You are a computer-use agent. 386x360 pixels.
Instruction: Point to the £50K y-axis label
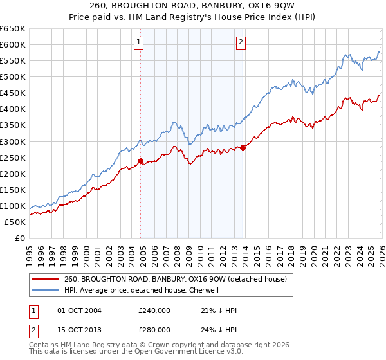click(15, 222)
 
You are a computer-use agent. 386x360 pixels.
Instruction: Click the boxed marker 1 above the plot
click(138, 43)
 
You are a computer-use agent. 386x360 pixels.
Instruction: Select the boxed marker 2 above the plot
click(241, 43)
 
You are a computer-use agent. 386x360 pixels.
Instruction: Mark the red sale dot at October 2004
click(140, 161)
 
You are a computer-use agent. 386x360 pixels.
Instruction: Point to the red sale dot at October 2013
click(243, 148)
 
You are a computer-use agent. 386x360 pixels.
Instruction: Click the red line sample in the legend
click(46, 279)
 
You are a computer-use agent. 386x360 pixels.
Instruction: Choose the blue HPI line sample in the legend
click(46, 290)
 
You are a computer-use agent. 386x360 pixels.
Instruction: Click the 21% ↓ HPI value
click(219, 310)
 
